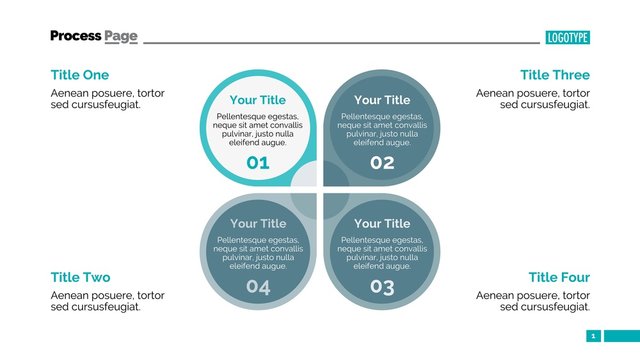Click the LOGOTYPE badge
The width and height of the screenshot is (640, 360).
point(567,38)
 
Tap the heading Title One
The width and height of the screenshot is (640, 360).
point(80,75)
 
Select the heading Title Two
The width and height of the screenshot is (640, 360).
point(80,277)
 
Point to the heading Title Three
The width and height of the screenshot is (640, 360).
point(555,75)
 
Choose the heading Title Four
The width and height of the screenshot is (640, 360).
point(559,277)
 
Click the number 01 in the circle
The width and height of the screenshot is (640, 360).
point(258,163)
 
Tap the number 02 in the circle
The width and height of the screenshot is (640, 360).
point(382,163)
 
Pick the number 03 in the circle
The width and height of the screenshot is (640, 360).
point(382,288)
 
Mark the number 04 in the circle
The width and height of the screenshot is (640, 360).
point(258,288)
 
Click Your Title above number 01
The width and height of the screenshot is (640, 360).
point(258,100)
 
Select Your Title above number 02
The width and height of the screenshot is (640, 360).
point(382,100)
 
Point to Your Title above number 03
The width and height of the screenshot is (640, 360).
point(382,224)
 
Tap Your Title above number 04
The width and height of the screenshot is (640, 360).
point(258,224)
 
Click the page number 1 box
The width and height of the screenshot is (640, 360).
point(593,336)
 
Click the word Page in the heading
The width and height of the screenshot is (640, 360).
point(121,36)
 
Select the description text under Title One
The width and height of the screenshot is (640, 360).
point(107,98)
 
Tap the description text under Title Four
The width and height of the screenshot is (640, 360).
point(533,301)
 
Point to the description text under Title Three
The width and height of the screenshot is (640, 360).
point(533,98)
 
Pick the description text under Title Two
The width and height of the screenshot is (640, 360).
point(107,301)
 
